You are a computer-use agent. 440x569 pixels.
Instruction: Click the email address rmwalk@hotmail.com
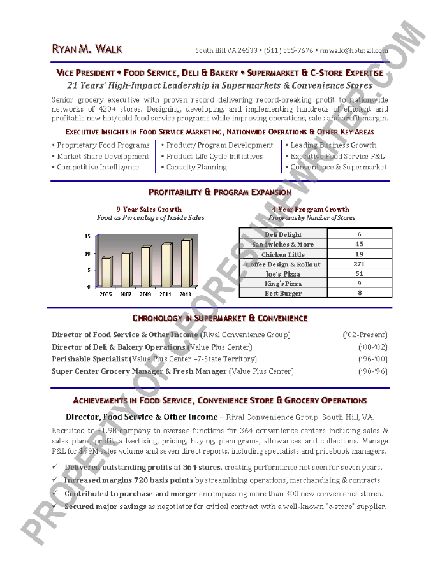[x=354, y=50]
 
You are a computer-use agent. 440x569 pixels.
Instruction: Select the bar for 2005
[x=105, y=272]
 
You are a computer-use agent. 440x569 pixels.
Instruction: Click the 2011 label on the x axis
[x=166, y=294]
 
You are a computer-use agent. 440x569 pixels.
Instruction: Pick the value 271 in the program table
[x=359, y=264]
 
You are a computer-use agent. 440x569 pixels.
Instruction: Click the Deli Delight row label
[x=283, y=234]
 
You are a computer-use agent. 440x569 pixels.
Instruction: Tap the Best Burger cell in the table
[x=283, y=293]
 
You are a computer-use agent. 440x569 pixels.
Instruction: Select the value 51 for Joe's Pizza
[x=359, y=273]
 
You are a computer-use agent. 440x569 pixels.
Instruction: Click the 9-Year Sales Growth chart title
[x=149, y=209]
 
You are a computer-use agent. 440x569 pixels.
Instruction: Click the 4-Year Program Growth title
[x=311, y=209]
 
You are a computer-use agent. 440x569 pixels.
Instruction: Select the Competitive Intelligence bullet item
[x=98, y=168]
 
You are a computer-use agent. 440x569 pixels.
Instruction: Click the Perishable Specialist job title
[x=90, y=359]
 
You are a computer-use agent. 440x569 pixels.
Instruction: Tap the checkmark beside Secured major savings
[x=55, y=507]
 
